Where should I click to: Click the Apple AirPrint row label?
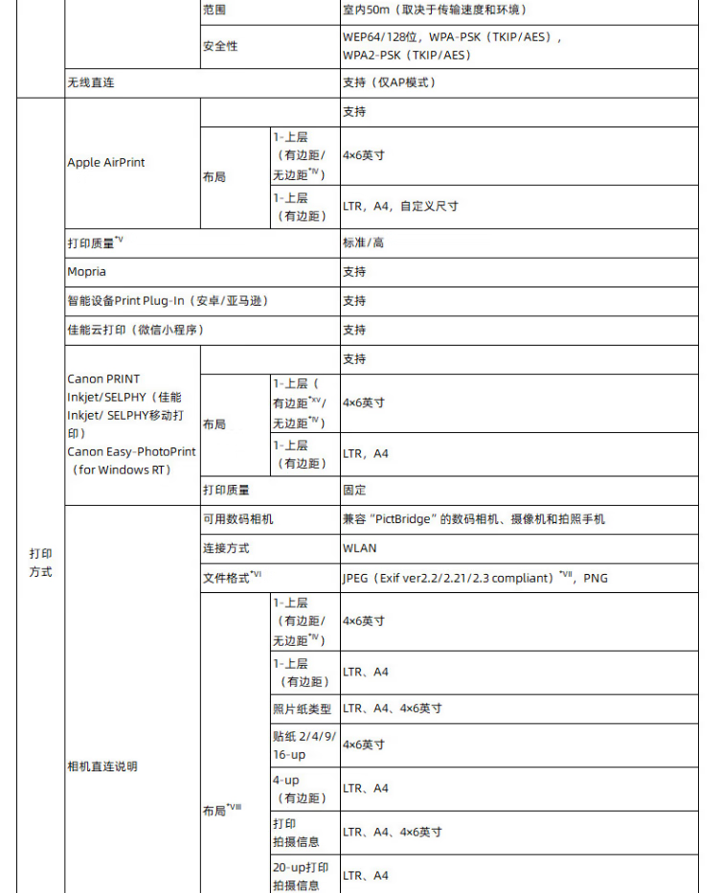[x=106, y=163]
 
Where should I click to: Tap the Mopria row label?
[x=87, y=272]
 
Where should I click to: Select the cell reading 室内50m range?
[x=434, y=10]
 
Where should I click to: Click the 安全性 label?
[x=220, y=46]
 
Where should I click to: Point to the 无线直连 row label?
[x=91, y=83]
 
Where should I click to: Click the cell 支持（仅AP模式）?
[x=390, y=83]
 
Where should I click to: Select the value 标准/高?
[x=364, y=243]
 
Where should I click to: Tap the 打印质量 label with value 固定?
[x=226, y=490]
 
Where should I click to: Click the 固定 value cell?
[x=354, y=490]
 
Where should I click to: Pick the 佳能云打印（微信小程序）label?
[x=135, y=330]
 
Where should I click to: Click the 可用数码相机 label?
[x=237, y=519]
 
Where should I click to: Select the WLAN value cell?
[x=360, y=549]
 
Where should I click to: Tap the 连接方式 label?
[x=226, y=549]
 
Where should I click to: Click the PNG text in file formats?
[x=595, y=578]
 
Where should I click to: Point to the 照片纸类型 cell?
[x=303, y=709]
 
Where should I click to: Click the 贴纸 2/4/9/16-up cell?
[x=304, y=744]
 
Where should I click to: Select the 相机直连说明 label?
[x=102, y=767]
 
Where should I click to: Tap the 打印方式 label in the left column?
[x=40, y=562]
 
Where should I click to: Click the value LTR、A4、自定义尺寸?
[x=400, y=206]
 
